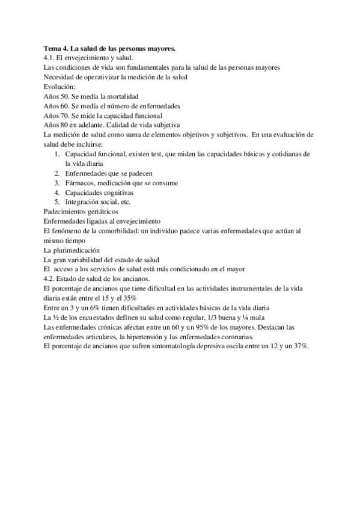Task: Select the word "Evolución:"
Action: pos(59,87)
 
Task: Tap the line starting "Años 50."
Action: pos(91,96)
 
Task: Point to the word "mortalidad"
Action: pos(122,96)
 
